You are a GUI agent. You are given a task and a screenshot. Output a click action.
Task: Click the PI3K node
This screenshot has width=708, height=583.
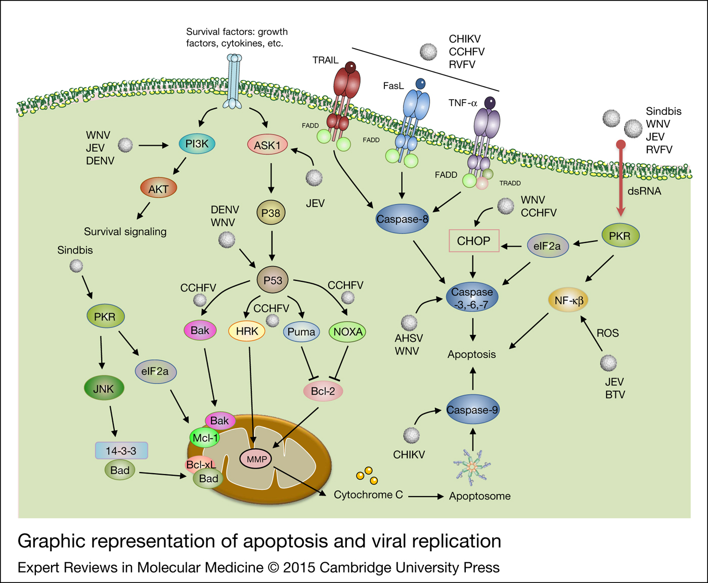click(x=197, y=144)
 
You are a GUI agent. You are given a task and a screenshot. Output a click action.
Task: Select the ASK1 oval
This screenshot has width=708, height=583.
click(x=267, y=145)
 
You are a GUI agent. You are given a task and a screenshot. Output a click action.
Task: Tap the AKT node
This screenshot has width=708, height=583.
click(x=158, y=189)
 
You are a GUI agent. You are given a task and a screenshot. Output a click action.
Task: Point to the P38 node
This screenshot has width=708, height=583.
click(x=271, y=213)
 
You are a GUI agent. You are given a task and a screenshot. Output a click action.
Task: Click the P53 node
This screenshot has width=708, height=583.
click(x=273, y=280)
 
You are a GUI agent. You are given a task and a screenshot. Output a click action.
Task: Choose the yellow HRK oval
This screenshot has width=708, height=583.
click(x=247, y=331)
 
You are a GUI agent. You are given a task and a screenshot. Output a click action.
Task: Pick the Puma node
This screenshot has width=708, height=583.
click(x=301, y=332)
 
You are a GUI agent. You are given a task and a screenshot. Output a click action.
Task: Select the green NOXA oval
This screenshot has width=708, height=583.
click(x=348, y=332)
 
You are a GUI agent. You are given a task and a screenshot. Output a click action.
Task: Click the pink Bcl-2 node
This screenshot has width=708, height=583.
click(x=323, y=391)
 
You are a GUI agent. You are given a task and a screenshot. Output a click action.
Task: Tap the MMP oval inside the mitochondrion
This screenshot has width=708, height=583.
click(x=256, y=459)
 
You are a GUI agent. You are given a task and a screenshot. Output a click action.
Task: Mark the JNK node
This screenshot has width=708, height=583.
click(x=104, y=389)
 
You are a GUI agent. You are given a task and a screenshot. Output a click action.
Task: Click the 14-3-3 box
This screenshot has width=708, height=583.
click(x=121, y=450)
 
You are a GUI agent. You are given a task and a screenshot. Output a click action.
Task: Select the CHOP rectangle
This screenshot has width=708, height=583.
click(x=474, y=241)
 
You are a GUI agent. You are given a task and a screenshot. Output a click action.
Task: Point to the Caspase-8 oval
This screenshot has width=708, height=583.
click(x=402, y=219)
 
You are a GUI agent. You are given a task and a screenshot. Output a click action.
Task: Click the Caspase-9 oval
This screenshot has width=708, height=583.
click(x=472, y=410)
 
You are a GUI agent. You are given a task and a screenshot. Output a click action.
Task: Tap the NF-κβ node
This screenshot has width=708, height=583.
click(x=569, y=301)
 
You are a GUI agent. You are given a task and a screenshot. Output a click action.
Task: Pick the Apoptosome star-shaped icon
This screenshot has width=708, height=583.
click(x=471, y=466)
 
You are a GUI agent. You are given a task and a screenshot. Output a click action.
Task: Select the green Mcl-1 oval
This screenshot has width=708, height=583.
click(x=205, y=438)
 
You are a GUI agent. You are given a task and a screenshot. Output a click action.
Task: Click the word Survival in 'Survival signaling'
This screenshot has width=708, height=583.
click(x=102, y=232)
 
